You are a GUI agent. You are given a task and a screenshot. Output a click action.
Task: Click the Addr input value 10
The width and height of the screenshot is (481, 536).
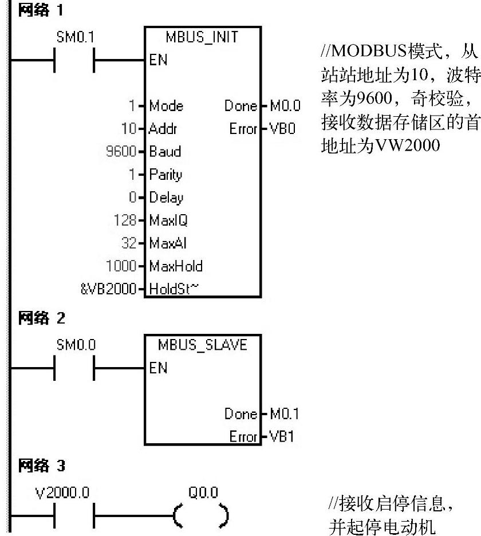coord(131,129)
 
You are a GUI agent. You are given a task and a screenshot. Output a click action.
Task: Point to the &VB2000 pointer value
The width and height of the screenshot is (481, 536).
coord(109,289)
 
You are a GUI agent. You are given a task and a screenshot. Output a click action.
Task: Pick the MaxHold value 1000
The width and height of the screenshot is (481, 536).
coord(121,266)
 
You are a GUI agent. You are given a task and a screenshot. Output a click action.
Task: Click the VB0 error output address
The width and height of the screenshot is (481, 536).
coord(283,129)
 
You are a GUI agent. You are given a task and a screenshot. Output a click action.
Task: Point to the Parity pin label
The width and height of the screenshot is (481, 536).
coord(165,175)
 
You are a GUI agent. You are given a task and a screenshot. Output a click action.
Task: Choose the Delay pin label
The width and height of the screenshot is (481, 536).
coord(166,198)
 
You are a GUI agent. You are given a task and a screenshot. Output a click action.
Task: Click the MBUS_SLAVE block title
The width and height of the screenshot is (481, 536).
coord(203,345)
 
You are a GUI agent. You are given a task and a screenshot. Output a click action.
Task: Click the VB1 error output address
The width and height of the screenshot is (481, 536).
coord(282,437)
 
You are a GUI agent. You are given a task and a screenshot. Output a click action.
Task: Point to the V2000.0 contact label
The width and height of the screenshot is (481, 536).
coord(62,492)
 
